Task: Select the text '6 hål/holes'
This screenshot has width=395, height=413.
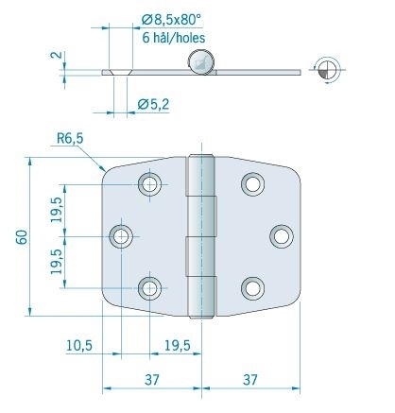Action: [174, 37]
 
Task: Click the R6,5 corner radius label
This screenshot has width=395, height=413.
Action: [70, 140]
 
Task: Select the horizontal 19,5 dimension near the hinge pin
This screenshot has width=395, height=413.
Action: [179, 346]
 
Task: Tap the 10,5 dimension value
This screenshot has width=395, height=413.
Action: [80, 346]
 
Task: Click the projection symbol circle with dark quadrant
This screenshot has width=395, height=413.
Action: [326, 68]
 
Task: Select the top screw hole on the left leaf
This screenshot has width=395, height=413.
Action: [150, 183]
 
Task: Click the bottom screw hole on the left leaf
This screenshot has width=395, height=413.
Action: [150, 287]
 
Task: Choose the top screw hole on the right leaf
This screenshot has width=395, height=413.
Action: [250, 183]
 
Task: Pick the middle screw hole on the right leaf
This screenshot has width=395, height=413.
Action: [280, 235]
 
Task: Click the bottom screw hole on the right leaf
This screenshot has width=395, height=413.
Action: [250, 287]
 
